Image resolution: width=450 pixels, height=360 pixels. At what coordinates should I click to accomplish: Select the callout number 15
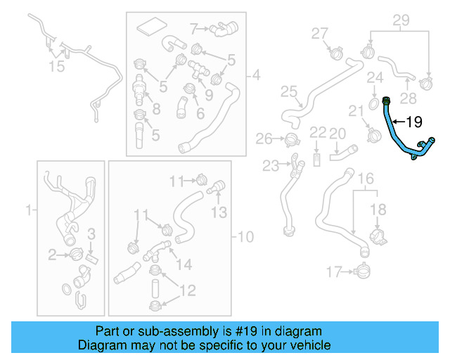click(56, 66)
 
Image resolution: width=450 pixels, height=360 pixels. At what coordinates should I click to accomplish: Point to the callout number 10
click(246, 236)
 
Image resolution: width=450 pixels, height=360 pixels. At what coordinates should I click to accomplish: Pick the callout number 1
click(29, 210)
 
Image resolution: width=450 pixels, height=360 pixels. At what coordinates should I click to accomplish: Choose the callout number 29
click(401, 20)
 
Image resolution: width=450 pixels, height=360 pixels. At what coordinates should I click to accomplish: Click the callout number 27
click(320, 33)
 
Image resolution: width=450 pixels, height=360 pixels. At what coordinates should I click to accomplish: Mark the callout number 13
click(219, 212)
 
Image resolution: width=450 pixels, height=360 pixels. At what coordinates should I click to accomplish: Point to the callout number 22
click(319, 132)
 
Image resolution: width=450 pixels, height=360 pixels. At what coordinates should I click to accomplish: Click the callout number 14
click(184, 264)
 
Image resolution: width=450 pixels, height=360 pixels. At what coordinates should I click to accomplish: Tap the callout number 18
click(378, 209)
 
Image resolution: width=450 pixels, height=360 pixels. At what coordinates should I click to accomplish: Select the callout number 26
click(264, 138)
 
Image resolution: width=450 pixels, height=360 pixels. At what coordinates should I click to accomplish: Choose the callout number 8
click(155, 108)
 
